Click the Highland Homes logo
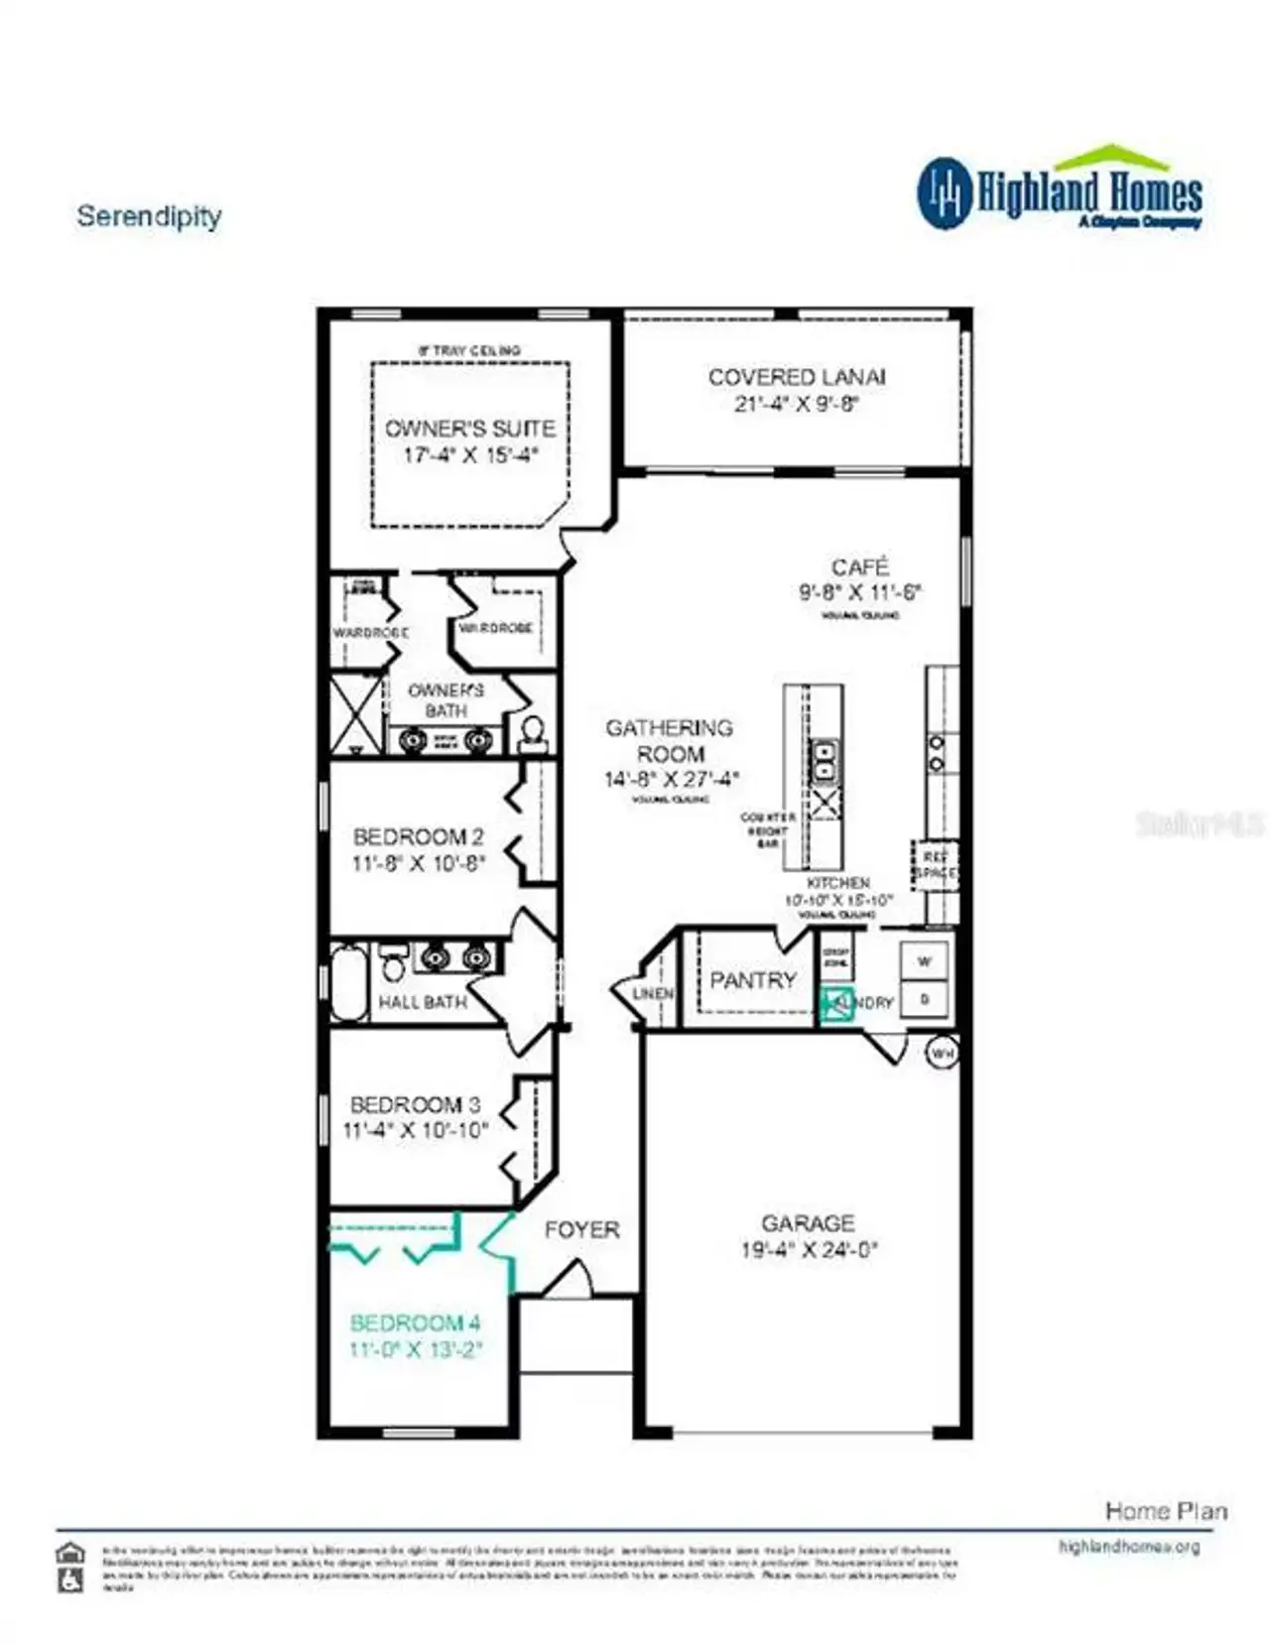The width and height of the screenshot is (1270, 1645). point(1059,191)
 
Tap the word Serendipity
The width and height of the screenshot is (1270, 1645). point(149,216)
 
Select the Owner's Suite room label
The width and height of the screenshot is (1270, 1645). point(469,429)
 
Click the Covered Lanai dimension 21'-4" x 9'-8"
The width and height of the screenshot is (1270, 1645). point(796,404)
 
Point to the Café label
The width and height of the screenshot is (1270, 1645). point(859,567)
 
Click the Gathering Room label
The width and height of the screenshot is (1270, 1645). point(670,740)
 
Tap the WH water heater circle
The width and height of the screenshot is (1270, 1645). point(942,1052)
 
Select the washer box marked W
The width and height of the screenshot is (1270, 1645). point(925,961)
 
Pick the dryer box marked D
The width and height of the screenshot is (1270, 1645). point(925,999)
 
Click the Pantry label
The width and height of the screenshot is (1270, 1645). point(753,980)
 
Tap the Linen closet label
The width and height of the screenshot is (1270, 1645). point(653,993)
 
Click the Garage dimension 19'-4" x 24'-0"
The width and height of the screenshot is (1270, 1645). point(809,1250)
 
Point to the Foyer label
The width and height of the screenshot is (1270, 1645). point(581,1230)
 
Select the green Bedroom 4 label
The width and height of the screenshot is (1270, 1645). point(415,1323)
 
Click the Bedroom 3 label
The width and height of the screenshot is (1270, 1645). point(415,1104)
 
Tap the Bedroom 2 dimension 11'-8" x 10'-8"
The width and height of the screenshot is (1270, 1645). point(418,863)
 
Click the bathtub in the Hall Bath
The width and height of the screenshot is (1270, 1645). point(348,982)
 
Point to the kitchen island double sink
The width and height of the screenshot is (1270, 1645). point(824,761)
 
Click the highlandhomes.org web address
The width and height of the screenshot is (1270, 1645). point(1128,1547)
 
